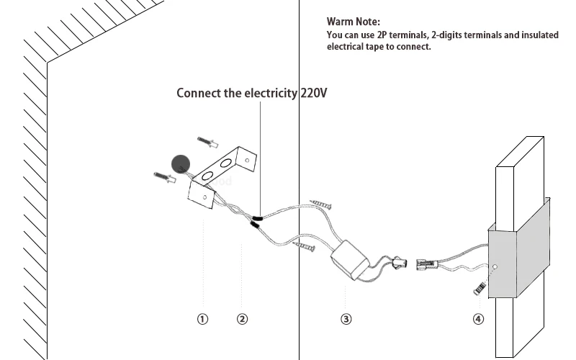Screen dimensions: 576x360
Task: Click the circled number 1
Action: click(202, 319)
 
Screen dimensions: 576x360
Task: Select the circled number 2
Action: click(242, 319)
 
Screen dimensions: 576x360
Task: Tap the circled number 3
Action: click(346, 319)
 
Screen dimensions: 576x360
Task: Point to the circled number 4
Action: click(478, 319)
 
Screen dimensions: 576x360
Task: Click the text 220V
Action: click(314, 93)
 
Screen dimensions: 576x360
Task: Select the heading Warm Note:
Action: click(354, 22)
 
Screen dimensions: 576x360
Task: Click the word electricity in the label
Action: click(271, 94)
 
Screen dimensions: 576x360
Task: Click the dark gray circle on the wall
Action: click(181, 164)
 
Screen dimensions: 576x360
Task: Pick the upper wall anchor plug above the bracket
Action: click(208, 142)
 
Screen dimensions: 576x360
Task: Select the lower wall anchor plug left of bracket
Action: click(165, 177)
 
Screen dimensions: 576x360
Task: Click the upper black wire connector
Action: click(257, 218)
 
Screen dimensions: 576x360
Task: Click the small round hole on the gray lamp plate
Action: click(495, 266)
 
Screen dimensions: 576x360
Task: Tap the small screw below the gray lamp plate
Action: click(480, 287)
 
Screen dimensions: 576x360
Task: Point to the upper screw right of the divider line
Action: click(320, 204)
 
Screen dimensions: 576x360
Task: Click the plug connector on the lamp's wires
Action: click(426, 264)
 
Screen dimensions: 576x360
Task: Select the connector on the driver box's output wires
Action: click(399, 263)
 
